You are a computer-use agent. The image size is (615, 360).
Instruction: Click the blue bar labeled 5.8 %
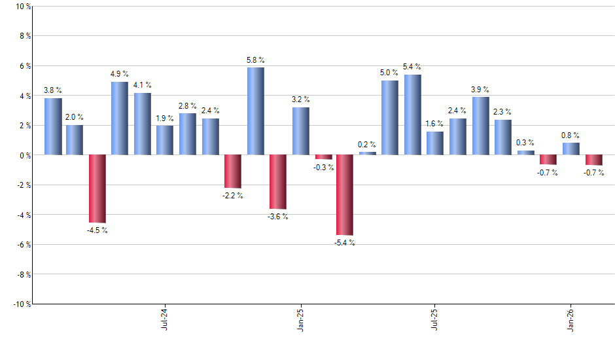tap(255, 111)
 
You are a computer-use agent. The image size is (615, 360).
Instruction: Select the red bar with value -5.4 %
tap(345, 194)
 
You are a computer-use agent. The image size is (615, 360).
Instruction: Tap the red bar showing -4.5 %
tap(97, 189)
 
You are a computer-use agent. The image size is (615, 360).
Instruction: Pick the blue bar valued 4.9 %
tap(120, 118)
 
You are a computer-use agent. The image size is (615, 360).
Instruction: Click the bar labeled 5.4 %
tap(413, 115)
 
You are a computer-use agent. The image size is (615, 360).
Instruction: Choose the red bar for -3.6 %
tap(278, 181)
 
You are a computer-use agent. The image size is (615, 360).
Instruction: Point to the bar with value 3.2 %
tap(301, 131)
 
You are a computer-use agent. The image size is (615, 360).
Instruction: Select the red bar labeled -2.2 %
tap(233, 171)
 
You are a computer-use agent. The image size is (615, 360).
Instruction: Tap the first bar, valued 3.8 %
tap(53, 126)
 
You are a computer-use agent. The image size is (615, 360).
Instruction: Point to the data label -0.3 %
tap(323, 168)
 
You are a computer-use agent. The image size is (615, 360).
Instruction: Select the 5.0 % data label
tap(389, 73)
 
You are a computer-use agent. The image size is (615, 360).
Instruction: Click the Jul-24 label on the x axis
tap(164, 318)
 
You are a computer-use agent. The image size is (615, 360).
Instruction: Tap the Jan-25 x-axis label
tap(300, 318)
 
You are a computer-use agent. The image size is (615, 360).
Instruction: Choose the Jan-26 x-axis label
tap(571, 318)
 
